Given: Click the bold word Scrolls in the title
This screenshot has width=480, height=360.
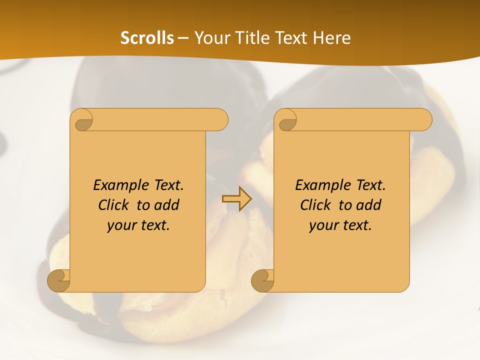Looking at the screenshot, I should pyautogui.click(x=147, y=38).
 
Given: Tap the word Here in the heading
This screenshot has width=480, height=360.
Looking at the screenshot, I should pyautogui.click(x=332, y=38).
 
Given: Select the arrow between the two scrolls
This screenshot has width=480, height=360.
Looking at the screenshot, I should pyautogui.click(x=236, y=199).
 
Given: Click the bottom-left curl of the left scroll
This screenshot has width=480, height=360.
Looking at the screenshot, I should pyautogui.click(x=59, y=280).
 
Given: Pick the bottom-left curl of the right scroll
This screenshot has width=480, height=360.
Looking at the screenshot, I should pyautogui.click(x=263, y=280).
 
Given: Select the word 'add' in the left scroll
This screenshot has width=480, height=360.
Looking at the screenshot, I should pyautogui.click(x=167, y=205).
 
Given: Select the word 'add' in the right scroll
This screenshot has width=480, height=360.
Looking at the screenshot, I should pyautogui.click(x=369, y=205).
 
